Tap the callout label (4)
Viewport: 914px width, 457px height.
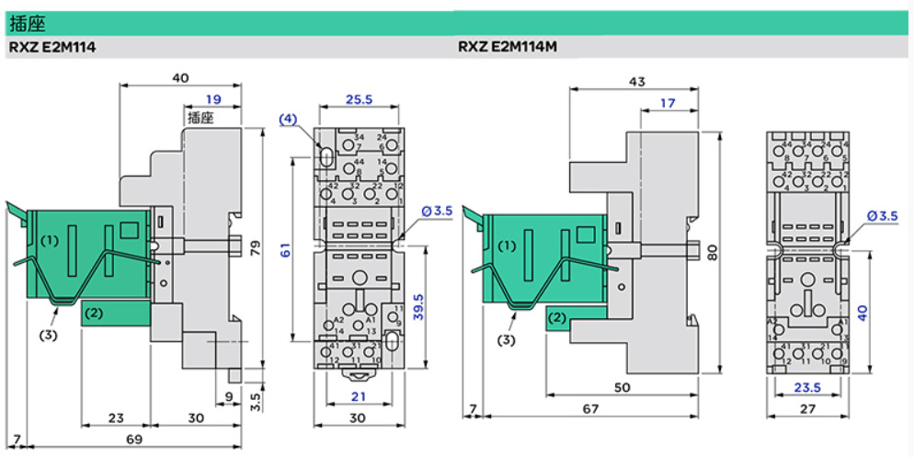coord(288,120)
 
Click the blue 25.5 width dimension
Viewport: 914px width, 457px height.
coord(359,99)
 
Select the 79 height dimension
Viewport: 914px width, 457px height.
coord(257,246)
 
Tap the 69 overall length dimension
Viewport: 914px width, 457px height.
coord(134,440)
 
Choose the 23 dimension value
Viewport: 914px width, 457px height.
coord(115,417)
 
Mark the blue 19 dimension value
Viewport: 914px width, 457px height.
coord(213,99)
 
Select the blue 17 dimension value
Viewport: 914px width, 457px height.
coord(669,104)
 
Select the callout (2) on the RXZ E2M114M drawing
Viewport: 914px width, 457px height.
coord(555,318)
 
